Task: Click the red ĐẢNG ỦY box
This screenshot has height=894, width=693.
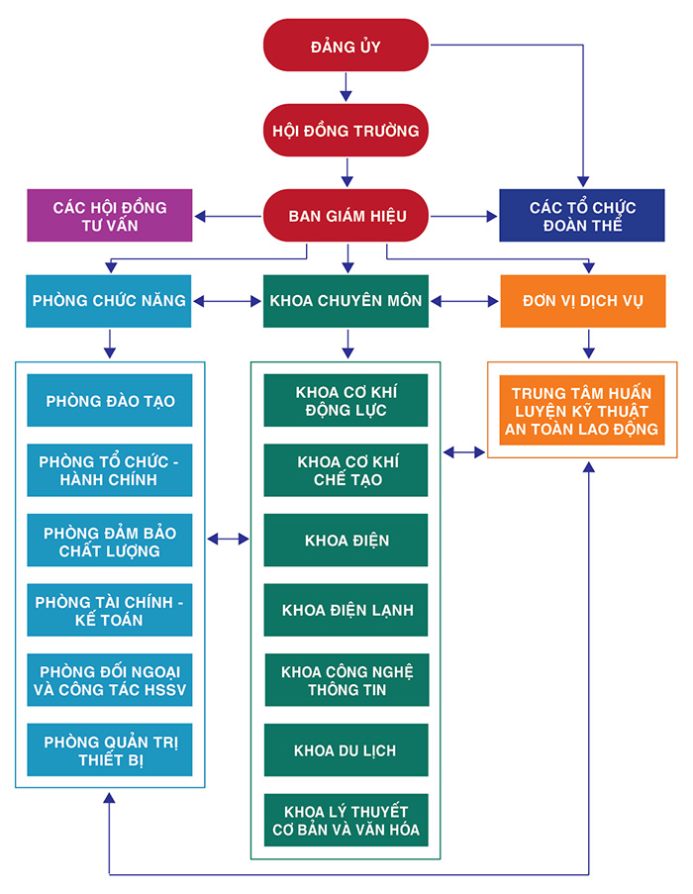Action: click(346, 45)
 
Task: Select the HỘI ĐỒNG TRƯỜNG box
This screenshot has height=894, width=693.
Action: click(346, 130)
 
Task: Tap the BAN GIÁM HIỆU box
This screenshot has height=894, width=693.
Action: click(346, 216)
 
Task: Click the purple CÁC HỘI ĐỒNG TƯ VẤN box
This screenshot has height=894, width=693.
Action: click(110, 216)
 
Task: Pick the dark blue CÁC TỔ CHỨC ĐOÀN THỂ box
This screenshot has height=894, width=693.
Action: click(582, 216)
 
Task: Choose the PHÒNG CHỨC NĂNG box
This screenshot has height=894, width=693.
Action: click(108, 301)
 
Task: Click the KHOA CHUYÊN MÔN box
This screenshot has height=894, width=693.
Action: click(346, 301)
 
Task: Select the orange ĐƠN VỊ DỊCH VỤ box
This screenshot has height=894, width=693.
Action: click(583, 301)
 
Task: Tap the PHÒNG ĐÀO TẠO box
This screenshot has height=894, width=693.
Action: click(110, 400)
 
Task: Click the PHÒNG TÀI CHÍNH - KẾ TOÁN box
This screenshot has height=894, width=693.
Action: click(110, 610)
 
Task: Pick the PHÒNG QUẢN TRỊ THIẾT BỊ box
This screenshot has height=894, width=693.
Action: click(110, 749)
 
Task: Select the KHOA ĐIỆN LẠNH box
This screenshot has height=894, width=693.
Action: click(346, 610)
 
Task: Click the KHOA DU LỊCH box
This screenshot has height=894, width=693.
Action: click(346, 749)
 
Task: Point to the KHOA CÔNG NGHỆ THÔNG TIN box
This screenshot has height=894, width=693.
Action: click(346, 680)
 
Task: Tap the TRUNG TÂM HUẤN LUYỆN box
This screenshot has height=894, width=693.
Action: click(582, 410)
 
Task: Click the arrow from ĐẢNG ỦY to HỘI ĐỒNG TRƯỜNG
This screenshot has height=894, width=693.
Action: click(346, 87)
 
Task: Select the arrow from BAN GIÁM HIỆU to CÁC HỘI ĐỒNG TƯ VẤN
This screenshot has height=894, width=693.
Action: click(228, 216)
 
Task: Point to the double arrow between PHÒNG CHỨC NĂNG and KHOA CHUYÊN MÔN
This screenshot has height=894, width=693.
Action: click(227, 302)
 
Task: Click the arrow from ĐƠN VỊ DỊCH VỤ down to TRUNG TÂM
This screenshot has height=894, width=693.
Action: click(589, 344)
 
